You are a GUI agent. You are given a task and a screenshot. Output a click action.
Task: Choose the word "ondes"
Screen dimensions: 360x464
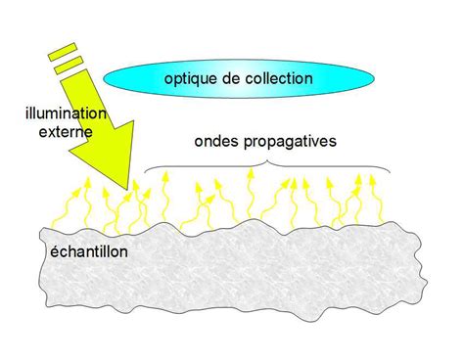coord(216,143)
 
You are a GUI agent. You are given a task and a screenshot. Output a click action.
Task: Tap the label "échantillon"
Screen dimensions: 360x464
coord(88,251)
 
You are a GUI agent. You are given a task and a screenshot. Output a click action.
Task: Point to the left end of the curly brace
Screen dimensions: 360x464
coord(147,173)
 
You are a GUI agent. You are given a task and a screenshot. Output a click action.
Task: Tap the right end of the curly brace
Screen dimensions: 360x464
coord(391,172)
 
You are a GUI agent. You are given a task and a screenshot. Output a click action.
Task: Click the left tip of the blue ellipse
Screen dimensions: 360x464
coord(102,79)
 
